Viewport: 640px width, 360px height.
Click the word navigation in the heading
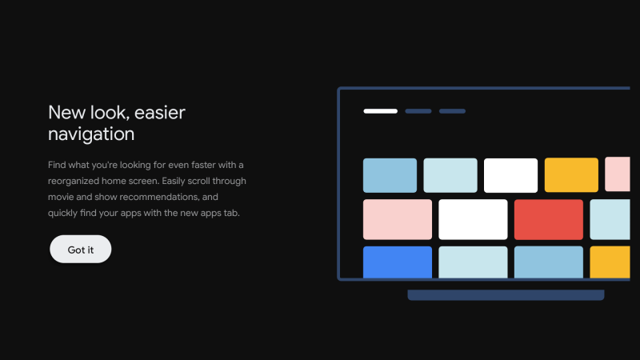91,134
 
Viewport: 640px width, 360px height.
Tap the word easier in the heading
159,113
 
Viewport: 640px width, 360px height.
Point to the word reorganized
74,181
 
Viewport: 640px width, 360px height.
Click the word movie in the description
61,197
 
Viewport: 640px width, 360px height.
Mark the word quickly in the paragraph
62,213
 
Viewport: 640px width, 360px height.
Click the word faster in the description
203,165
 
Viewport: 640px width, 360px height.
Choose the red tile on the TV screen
549,219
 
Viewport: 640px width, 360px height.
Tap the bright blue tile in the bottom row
398,262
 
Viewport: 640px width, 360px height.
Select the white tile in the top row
510,175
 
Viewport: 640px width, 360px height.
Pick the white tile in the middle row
473,219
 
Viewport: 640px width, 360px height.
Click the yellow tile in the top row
571,175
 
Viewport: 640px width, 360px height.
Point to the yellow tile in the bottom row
610,262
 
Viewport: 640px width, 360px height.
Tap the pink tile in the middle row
398,219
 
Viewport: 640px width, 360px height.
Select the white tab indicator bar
381,111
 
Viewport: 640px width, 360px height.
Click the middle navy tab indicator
418,111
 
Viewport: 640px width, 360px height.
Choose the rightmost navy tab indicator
452,111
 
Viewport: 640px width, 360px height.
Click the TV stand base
506,294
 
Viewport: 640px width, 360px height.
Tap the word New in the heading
67,113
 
